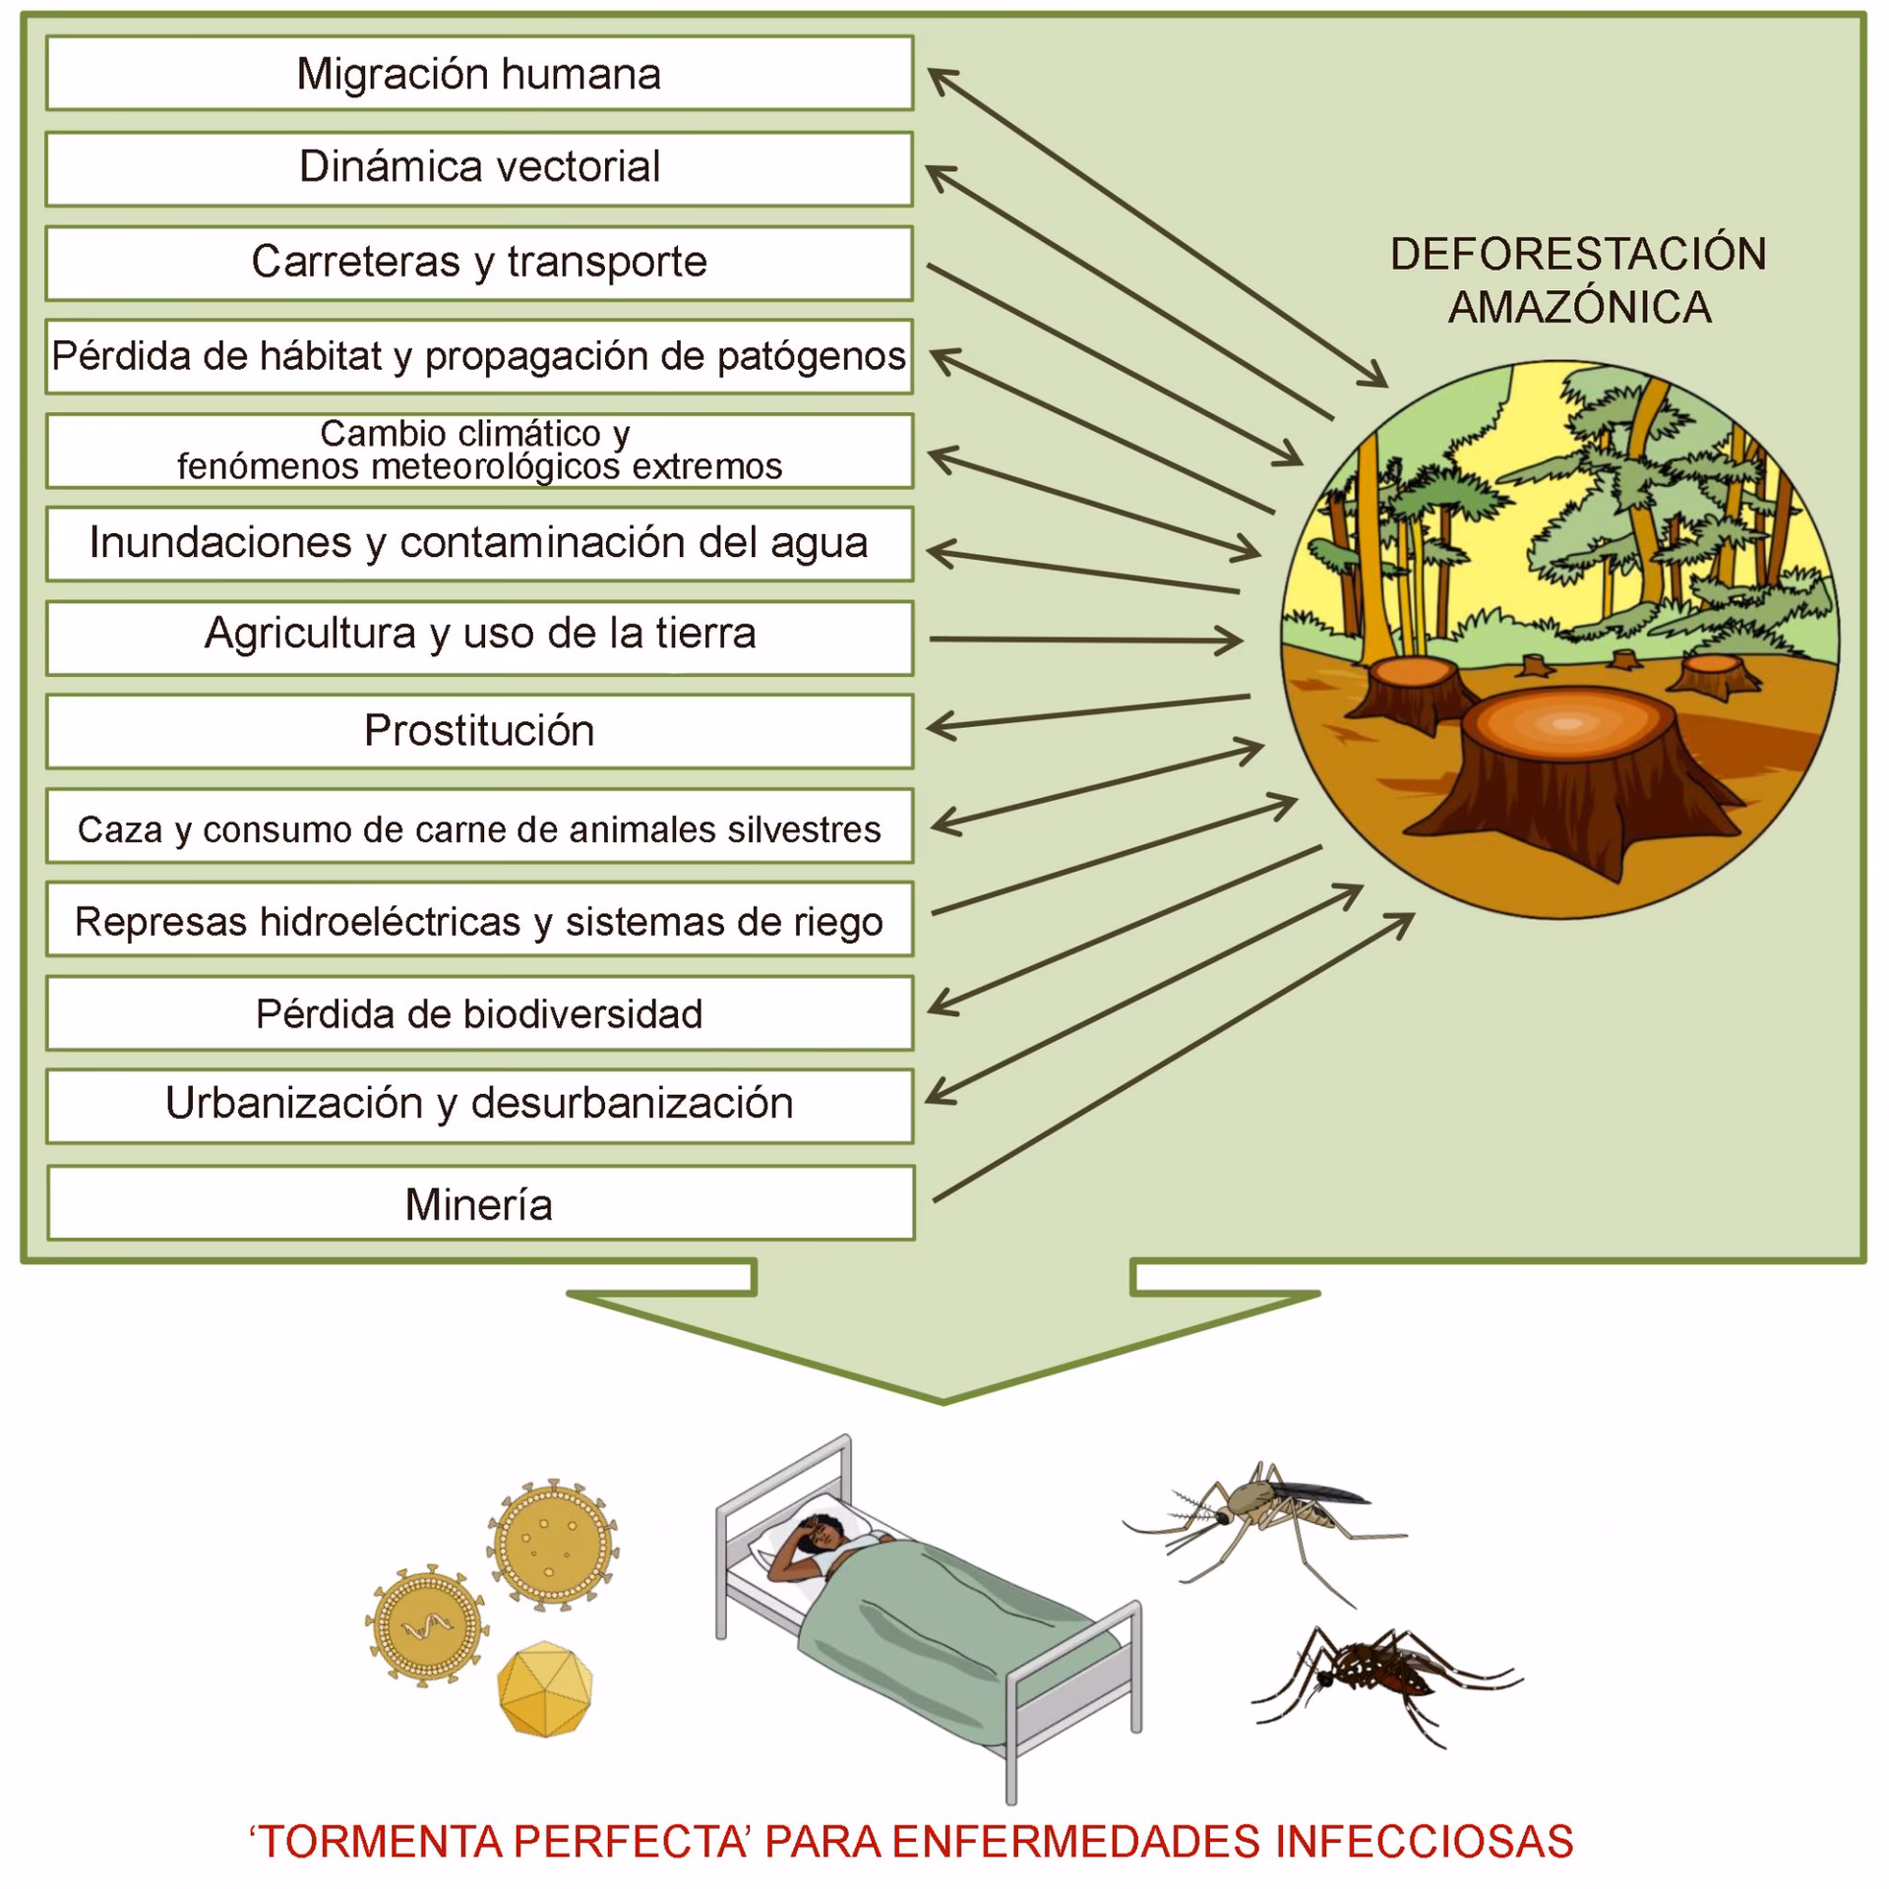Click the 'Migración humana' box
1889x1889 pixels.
(x=479, y=74)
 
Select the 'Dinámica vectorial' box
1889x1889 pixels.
(x=479, y=168)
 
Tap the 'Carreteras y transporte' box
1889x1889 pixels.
(x=479, y=263)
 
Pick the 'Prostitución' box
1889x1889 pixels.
(x=479, y=731)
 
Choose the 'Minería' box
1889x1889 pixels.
(x=479, y=1203)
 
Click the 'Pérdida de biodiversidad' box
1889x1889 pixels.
(x=479, y=1013)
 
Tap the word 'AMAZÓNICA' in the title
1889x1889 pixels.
(x=1579, y=307)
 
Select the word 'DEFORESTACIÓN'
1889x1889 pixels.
(x=1578, y=254)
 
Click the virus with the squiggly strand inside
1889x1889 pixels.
(x=426, y=1626)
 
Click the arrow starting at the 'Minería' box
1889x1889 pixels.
(x=1171, y=1058)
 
